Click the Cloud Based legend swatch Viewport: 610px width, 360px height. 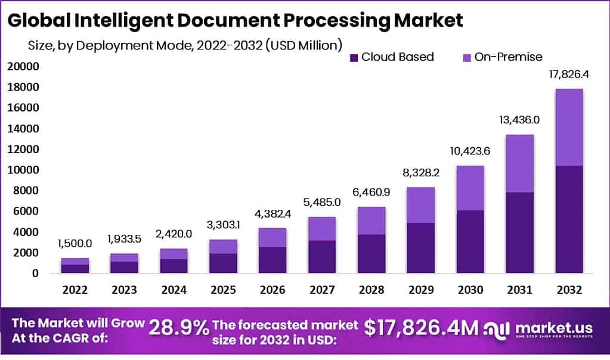[354, 58]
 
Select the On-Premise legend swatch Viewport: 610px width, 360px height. [467, 58]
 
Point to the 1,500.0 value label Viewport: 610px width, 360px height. [75, 244]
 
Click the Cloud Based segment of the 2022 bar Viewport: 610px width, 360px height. [75, 269]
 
